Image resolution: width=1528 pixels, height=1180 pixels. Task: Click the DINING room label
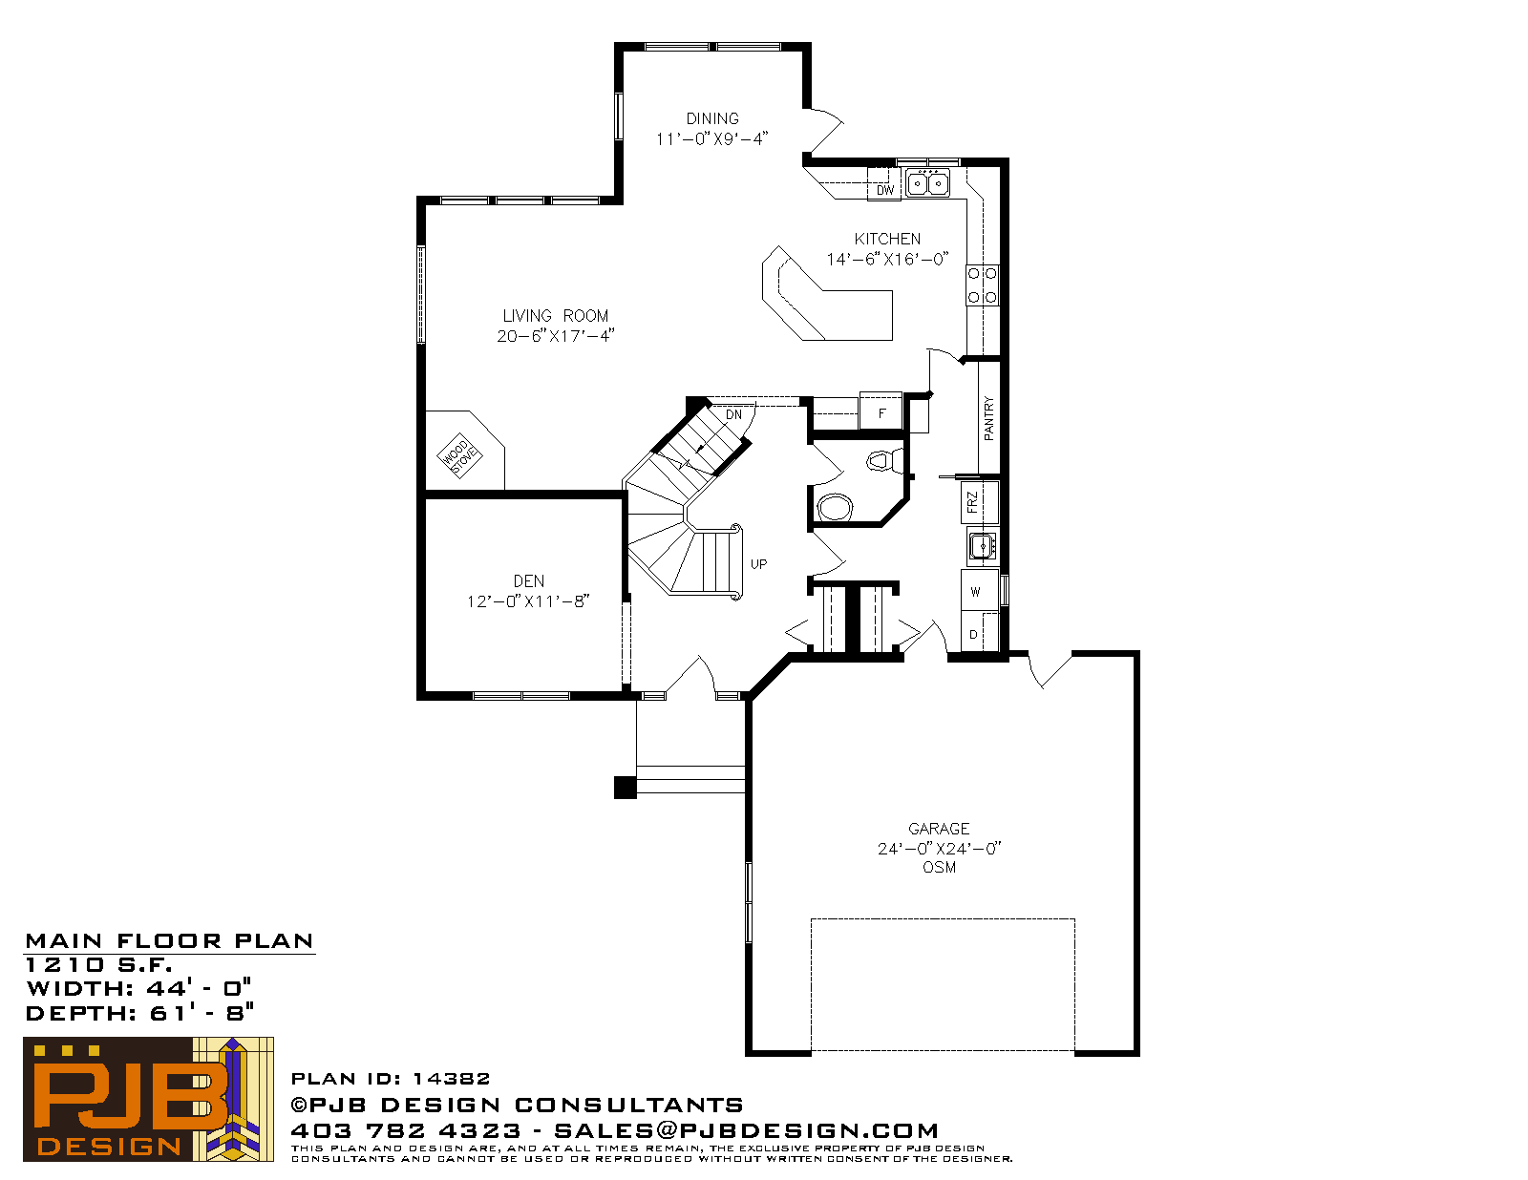[x=712, y=118]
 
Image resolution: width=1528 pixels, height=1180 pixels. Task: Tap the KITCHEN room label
[x=886, y=239]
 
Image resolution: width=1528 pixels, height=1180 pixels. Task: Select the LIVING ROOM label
[x=556, y=316]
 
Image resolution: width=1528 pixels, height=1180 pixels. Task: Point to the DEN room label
[x=528, y=581]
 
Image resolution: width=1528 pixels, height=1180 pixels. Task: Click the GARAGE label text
[x=939, y=829]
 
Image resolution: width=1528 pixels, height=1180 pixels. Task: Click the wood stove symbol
[x=459, y=455]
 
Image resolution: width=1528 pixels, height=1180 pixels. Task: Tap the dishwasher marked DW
[x=884, y=184]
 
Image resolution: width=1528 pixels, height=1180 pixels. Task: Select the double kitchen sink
[x=926, y=183]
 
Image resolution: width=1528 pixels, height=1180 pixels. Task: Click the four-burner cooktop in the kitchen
[x=982, y=285]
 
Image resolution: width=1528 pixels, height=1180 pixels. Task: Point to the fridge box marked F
[x=881, y=411]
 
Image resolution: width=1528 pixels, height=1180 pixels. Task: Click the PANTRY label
[x=988, y=419]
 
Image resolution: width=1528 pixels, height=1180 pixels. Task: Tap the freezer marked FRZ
[x=980, y=502]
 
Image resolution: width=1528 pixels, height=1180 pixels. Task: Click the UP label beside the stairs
[x=758, y=563]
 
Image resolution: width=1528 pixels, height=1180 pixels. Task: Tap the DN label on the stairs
[x=733, y=414]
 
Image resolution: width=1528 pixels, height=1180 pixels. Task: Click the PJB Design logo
[x=148, y=1099]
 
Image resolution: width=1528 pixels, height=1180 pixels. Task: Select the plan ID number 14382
[x=451, y=1078]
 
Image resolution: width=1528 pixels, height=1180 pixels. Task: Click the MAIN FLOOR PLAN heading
[x=169, y=940]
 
